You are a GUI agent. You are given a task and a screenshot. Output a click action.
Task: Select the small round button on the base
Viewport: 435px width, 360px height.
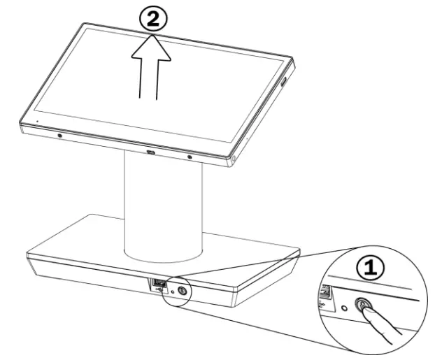183,289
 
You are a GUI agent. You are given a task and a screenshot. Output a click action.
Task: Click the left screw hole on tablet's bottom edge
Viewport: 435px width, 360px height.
59,136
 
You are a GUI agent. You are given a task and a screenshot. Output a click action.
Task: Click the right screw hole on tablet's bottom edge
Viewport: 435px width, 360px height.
190,157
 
